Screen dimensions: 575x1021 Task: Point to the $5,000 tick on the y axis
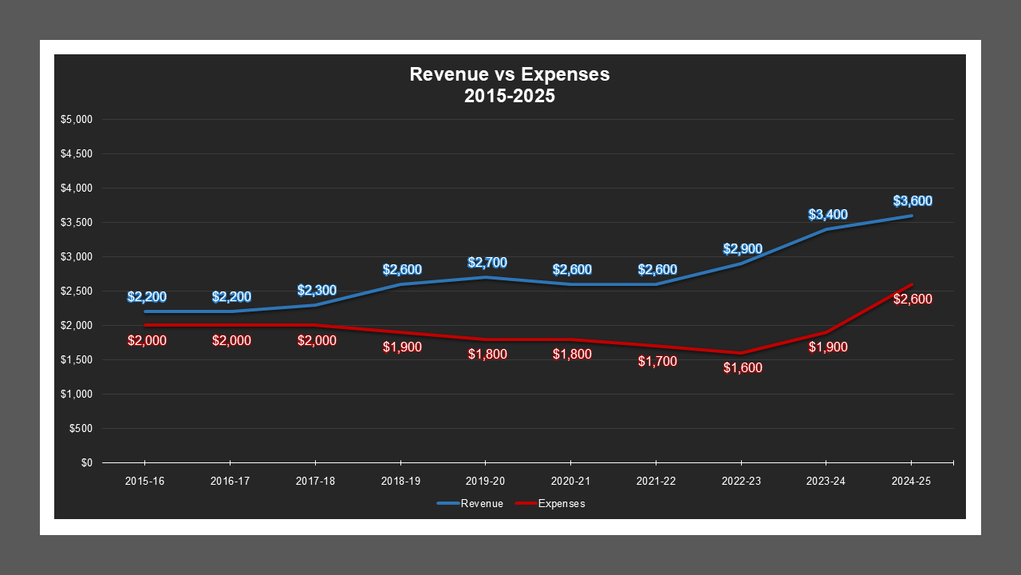click(x=77, y=120)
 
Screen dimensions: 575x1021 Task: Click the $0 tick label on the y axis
click(x=87, y=463)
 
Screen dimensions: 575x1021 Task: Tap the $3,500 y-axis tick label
click(x=77, y=223)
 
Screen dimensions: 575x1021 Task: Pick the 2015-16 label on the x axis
click(x=144, y=482)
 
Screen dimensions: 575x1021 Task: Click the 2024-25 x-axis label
click(x=911, y=482)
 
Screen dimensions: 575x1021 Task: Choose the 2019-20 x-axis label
click(x=485, y=482)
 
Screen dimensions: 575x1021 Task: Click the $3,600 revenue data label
click(x=913, y=201)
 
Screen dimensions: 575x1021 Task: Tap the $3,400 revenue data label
click(x=827, y=215)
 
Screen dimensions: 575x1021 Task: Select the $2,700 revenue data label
click(x=487, y=263)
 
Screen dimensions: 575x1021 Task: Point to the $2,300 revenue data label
click(x=316, y=291)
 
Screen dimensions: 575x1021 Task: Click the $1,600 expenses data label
click(x=743, y=368)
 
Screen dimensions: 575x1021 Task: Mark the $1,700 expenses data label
click(x=657, y=361)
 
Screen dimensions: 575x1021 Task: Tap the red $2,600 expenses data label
click(x=913, y=299)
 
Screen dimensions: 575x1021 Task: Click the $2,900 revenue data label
click(x=742, y=249)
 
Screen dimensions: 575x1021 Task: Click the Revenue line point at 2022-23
click(x=741, y=264)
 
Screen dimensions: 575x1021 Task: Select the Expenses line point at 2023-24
click(x=826, y=332)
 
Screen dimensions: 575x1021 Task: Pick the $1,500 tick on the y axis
click(x=77, y=360)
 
